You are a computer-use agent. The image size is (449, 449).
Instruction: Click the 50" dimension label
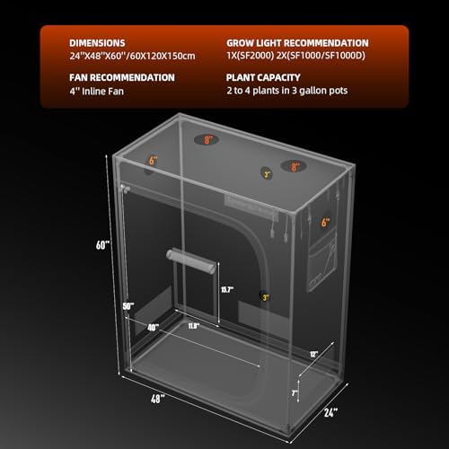click(128, 306)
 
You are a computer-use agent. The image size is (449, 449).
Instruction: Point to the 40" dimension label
click(154, 327)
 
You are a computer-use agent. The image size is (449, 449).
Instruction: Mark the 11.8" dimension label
click(194, 327)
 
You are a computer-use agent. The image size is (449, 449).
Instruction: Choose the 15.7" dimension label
click(227, 288)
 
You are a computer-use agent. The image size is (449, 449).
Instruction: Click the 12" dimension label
click(312, 354)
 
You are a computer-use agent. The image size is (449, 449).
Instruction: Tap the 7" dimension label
click(295, 393)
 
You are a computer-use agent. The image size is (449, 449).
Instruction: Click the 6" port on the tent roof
click(154, 160)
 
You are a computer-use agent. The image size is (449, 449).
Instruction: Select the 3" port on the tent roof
click(266, 173)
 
